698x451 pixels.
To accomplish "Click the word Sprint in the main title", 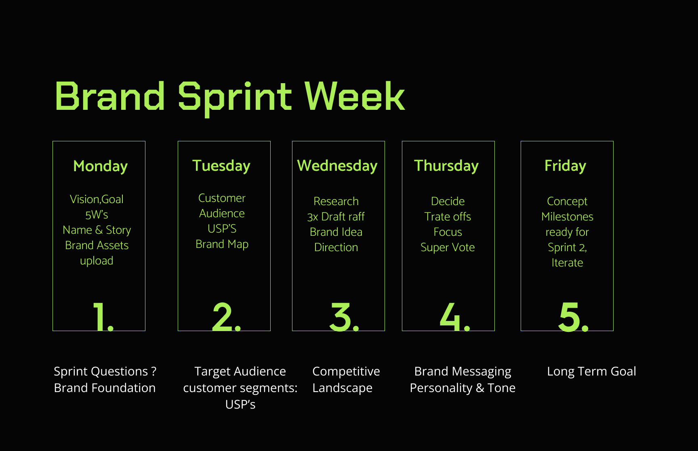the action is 235,99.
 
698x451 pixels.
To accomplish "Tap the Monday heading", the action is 101,166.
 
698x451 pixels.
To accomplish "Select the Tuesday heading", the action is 221,166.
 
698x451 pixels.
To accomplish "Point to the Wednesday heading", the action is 337,166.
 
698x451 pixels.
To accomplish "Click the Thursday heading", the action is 446,166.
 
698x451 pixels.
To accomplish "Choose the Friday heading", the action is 565,166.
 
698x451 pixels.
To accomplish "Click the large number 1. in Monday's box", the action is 103,317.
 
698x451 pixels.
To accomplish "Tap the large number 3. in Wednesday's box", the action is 344,317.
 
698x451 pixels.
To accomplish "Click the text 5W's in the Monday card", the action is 97,215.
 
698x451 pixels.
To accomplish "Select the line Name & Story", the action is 97,230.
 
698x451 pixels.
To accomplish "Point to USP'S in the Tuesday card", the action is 222,229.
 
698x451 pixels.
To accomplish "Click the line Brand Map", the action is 222,245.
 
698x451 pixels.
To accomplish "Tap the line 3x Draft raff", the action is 336,217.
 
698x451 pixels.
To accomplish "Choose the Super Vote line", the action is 448,248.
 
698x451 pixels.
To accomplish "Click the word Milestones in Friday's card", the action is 568,217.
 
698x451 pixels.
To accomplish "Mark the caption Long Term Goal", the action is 591,371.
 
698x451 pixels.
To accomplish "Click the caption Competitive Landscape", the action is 346,380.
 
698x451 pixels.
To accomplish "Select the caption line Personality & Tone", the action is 463,388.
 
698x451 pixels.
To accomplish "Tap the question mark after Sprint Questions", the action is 153,371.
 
